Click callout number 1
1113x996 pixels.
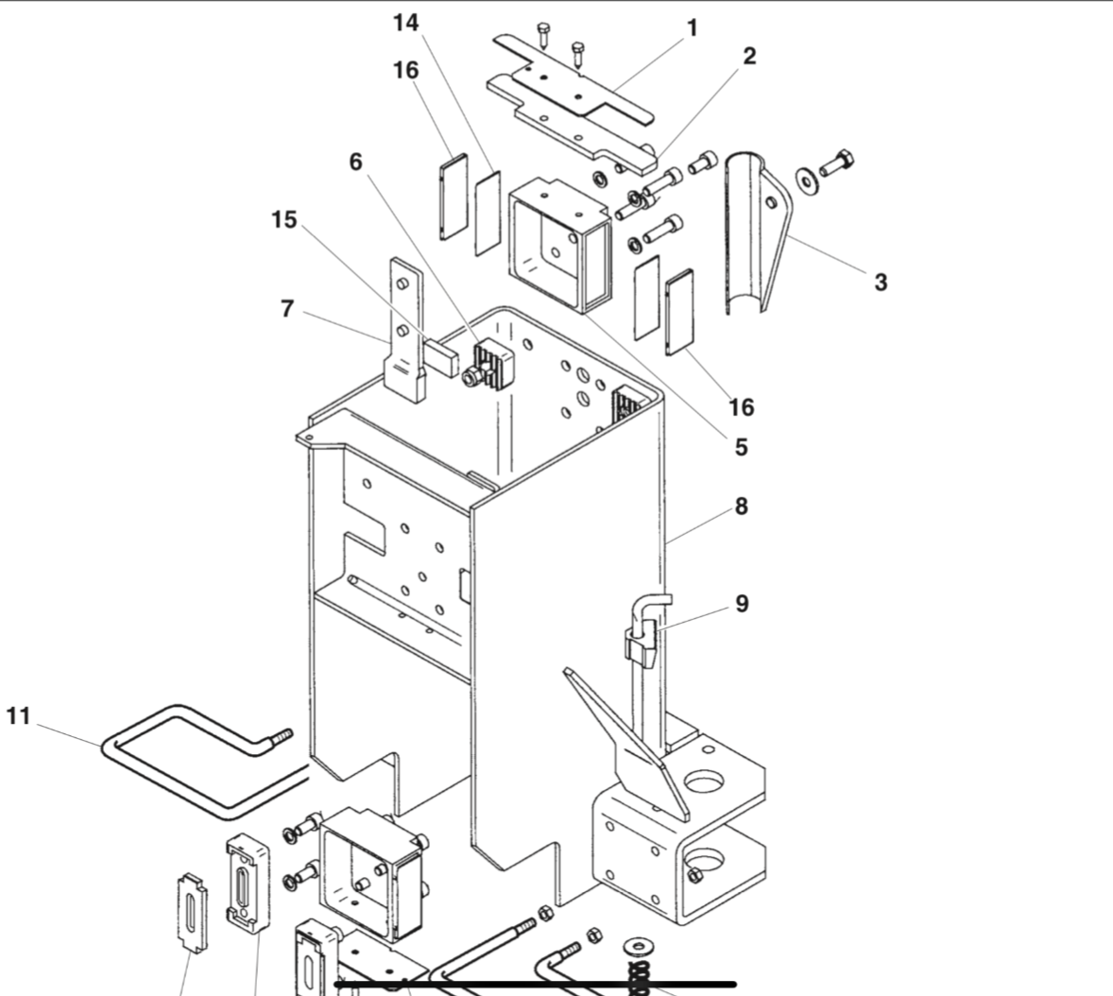coord(693,28)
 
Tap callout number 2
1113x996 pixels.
coord(749,56)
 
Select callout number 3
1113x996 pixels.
coord(881,282)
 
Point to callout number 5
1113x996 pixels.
coord(741,447)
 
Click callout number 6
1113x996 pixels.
coord(355,162)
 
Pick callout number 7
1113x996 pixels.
coord(287,308)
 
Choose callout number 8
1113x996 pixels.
coord(741,507)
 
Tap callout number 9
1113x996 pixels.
coord(742,603)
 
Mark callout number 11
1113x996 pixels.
coord(19,716)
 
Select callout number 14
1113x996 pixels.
coord(406,23)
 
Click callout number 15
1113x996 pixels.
coord(283,220)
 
